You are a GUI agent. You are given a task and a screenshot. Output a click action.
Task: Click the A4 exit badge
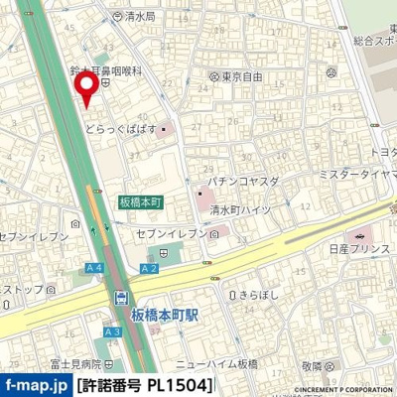coord(95,268)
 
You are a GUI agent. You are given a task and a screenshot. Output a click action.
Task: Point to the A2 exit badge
coord(150,268)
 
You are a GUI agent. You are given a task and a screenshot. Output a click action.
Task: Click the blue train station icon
coord(121,298)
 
